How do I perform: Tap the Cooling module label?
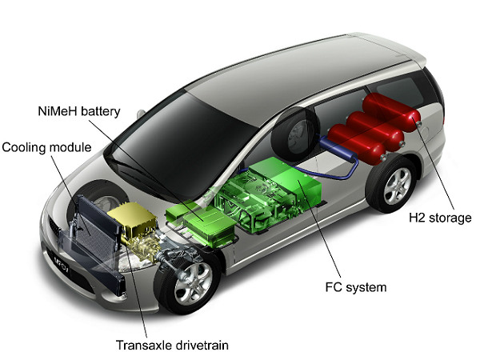coord(46,148)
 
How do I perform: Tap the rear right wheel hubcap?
coord(397,186)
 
